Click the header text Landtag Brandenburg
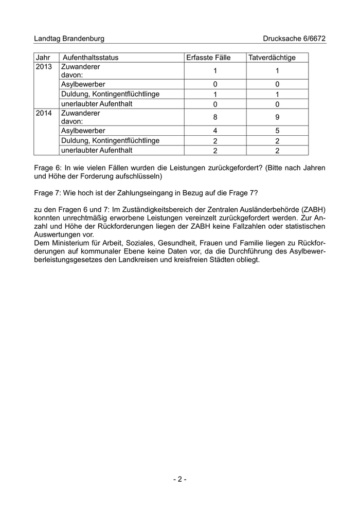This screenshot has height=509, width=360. [x=69, y=39]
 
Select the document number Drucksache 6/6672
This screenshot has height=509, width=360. [x=294, y=39]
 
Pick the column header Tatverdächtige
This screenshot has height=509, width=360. [x=272, y=58]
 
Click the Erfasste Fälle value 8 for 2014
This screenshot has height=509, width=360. [x=215, y=117]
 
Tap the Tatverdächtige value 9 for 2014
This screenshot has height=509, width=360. [x=277, y=117]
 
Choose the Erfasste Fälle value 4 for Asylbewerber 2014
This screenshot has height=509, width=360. [x=215, y=131]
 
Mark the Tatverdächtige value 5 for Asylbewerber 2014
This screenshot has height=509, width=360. [x=277, y=131]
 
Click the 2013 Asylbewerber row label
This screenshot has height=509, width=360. [x=83, y=84]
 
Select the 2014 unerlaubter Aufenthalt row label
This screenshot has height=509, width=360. [x=97, y=150]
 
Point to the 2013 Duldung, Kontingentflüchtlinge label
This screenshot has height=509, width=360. [x=110, y=94]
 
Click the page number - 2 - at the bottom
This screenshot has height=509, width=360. [x=179, y=479]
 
